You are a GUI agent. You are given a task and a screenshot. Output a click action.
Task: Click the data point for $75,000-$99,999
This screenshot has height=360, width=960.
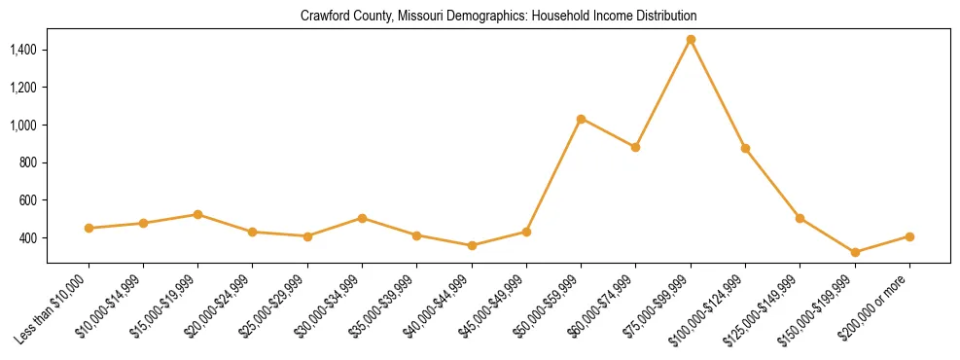tap(691, 40)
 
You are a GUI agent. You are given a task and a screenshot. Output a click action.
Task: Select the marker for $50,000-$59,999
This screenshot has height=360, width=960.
tap(581, 119)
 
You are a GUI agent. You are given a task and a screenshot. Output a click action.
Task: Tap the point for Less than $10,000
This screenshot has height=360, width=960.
tap(89, 228)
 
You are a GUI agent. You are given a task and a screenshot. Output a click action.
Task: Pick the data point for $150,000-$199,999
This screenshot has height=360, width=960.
tap(855, 253)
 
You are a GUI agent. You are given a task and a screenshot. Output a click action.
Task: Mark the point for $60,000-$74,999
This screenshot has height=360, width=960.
tap(635, 147)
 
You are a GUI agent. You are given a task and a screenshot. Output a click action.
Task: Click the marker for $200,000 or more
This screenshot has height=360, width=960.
tap(909, 236)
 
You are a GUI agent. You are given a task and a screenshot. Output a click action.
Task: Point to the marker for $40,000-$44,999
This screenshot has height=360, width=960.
tap(472, 245)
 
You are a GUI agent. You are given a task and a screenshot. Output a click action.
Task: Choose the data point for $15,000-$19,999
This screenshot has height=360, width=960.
tap(197, 214)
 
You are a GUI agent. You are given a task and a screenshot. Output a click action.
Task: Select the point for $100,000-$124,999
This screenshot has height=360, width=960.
tap(745, 148)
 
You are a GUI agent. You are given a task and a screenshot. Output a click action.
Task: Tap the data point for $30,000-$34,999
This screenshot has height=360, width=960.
tap(362, 218)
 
